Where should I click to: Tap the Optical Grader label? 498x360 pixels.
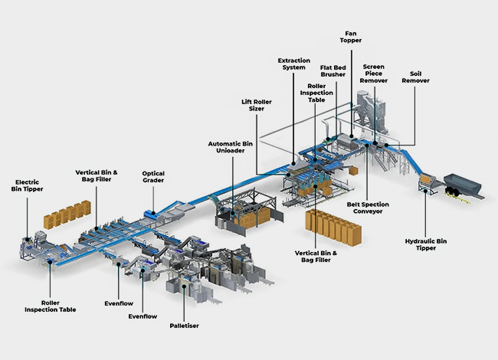point(153,178)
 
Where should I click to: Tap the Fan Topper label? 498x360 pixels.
point(352,35)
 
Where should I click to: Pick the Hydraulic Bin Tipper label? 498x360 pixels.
point(428,245)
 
